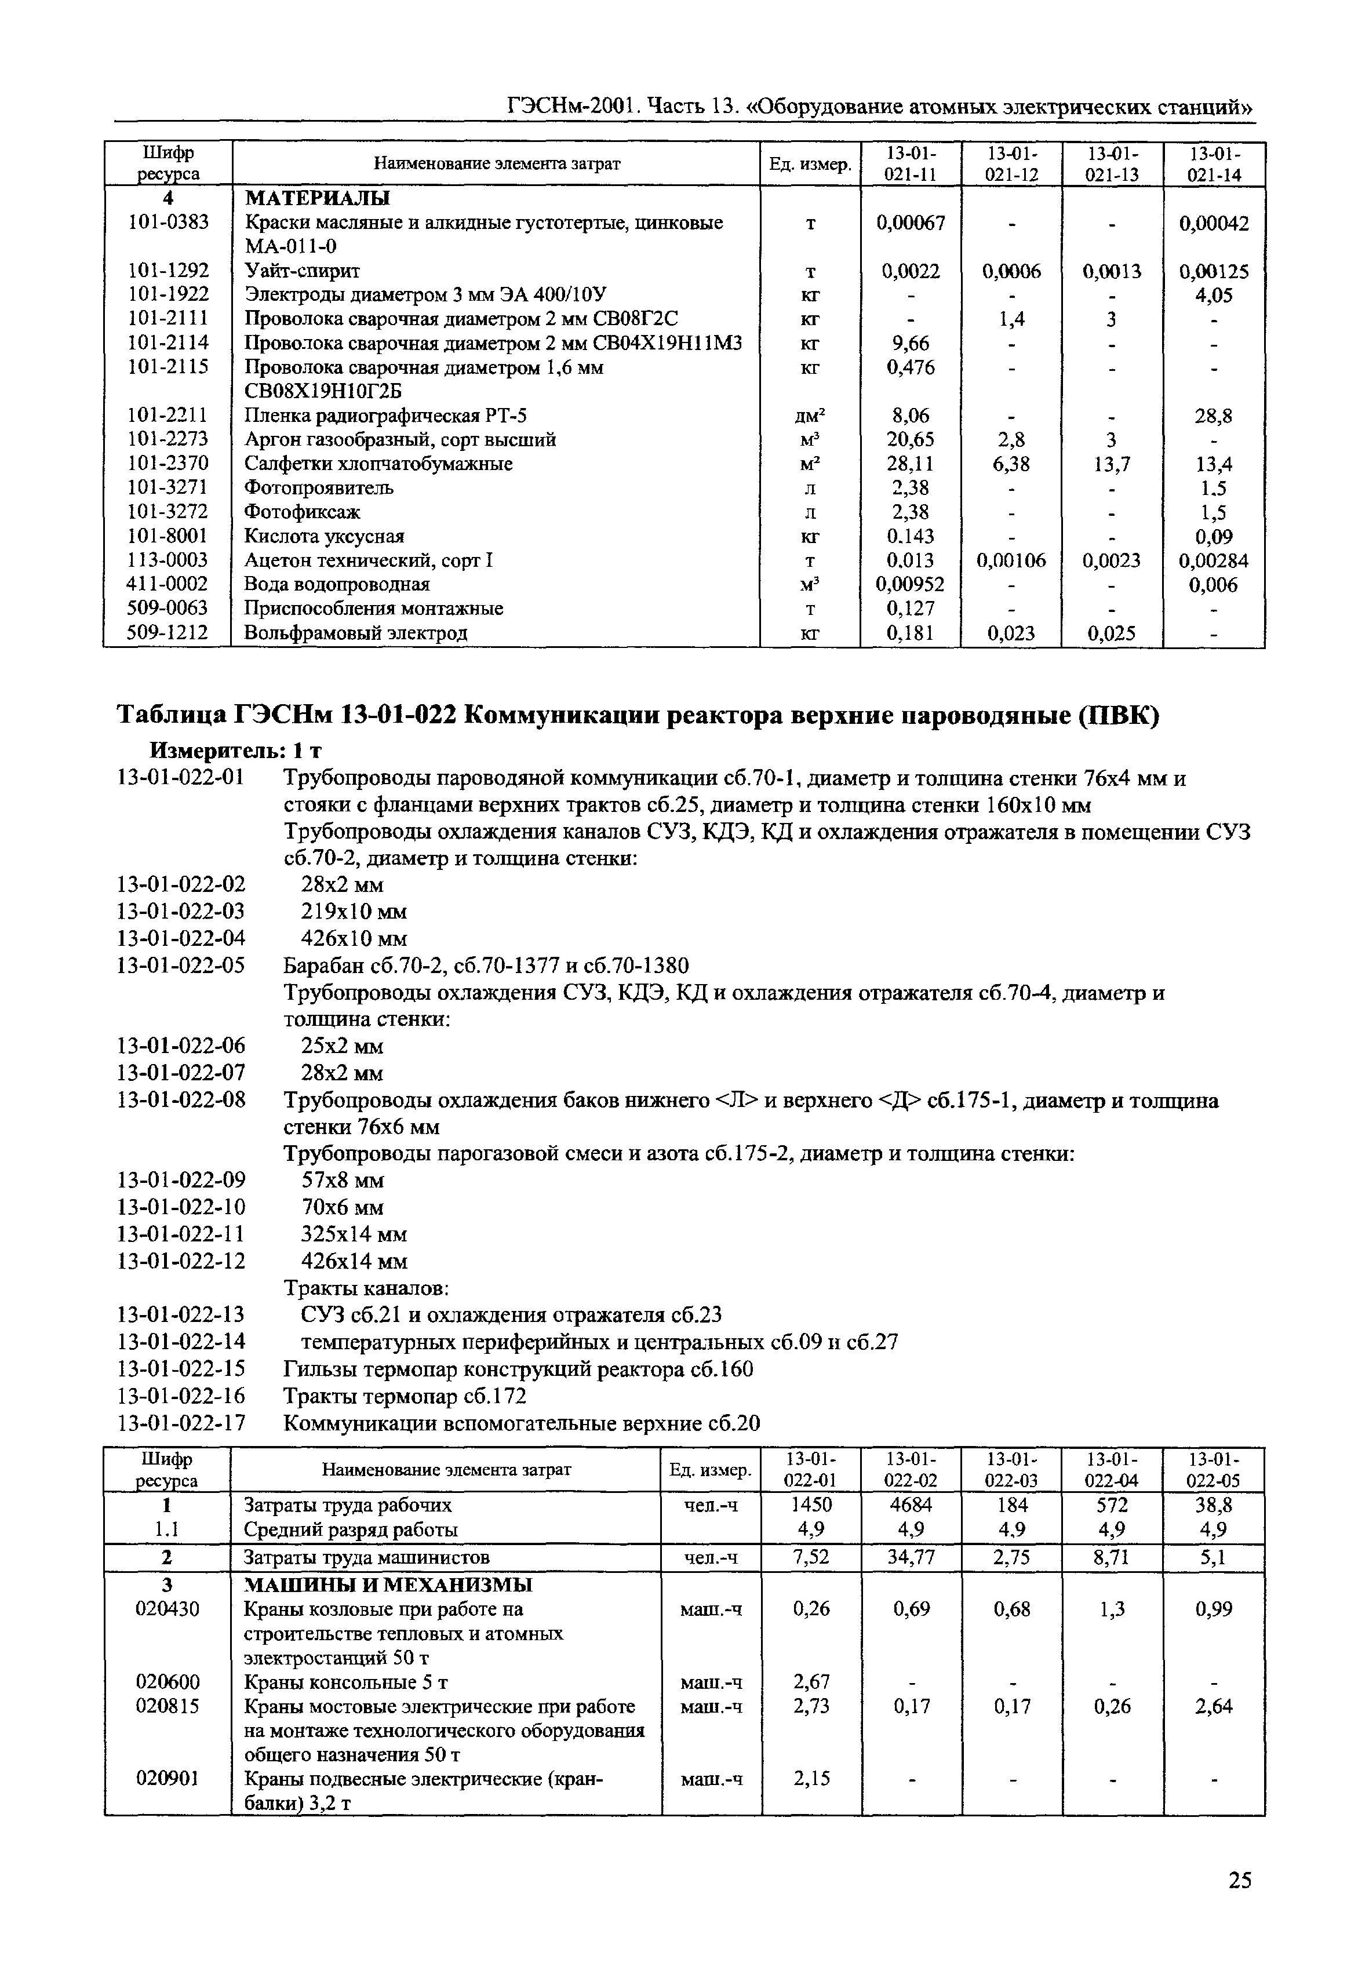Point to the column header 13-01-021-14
1214,164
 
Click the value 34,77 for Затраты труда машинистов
911,1557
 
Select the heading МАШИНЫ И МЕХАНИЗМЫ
388,1585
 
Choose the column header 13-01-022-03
1011,1469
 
